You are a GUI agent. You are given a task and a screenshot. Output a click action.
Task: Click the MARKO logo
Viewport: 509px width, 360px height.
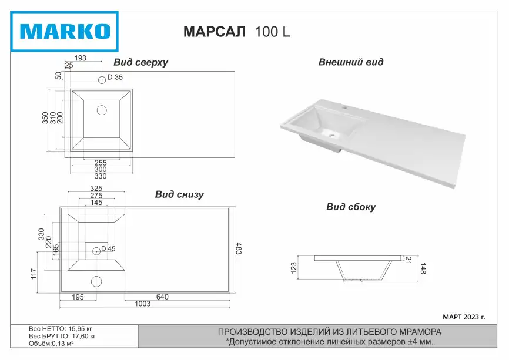(x=64, y=32)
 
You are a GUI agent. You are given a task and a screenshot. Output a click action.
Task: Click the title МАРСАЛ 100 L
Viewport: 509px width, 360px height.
(x=237, y=32)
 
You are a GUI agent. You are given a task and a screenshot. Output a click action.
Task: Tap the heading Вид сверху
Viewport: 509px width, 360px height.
(x=140, y=62)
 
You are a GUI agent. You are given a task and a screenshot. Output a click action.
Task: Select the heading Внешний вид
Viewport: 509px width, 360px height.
(x=350, y=62)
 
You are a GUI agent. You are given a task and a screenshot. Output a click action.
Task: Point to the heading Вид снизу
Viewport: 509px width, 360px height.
(x=179, y=194)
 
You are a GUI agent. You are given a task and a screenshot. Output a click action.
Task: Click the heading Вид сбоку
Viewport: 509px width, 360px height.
(x=351, y=207)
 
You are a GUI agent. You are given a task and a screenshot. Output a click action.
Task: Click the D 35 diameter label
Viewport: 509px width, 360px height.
(x=115, y=77)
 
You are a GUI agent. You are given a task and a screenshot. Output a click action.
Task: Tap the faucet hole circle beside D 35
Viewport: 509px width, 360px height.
(x=102, y=79)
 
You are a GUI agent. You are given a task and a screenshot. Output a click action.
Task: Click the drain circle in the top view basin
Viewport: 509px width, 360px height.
(x=102, y=110)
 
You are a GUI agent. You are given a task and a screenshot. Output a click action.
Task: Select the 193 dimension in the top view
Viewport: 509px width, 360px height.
(x=80, y=58)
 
